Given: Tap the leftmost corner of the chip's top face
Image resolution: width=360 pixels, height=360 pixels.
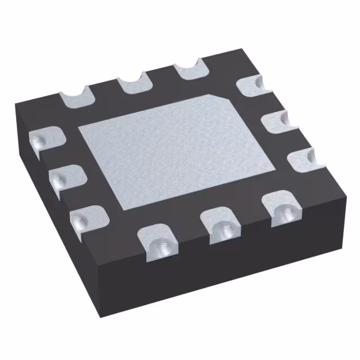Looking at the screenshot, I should click(x=17, y=104).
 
